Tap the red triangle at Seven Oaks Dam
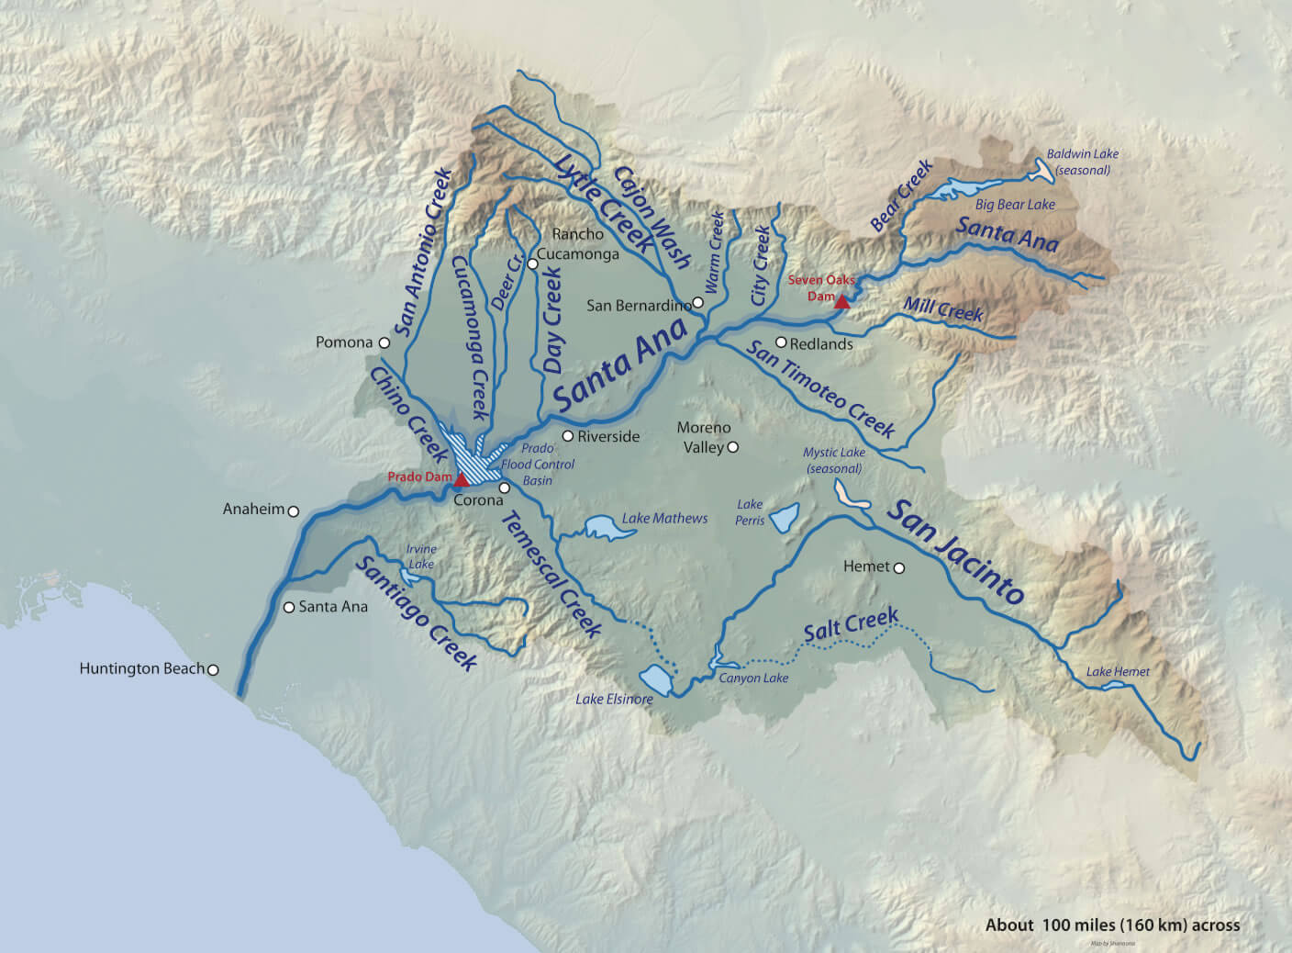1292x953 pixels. tap(841, 300)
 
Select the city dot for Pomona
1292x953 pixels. tap(384, 342)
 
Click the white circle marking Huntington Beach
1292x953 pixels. tap(213, 669)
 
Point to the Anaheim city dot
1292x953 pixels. tap(294, 510)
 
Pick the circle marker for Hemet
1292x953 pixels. tap(899, 568)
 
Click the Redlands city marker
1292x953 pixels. tap(781, 342)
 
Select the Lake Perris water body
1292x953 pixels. tap(785, 518)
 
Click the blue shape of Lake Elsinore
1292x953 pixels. tap(658, 680)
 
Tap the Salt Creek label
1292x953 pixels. tap(850, 626)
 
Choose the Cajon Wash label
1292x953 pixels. tap(652, 217)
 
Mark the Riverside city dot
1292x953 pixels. tap(568, 436)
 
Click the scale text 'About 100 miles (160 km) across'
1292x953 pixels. tap(1112, 925)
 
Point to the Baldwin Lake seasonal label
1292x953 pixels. tap(1083, 162)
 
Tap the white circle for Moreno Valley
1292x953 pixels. tap(732, 447)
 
